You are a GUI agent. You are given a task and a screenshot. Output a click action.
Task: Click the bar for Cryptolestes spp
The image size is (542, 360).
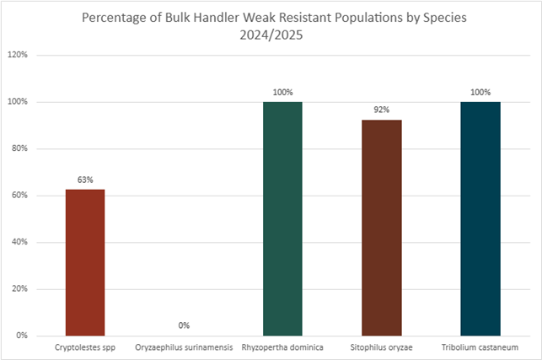tap(85, 262)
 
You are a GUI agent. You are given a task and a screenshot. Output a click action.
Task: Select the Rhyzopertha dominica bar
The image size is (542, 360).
tap(282, 218)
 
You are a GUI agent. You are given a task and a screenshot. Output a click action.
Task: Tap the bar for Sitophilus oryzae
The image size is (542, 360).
tap(381, 228)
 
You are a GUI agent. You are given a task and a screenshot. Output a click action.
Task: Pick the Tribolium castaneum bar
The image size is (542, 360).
tap(480, 218)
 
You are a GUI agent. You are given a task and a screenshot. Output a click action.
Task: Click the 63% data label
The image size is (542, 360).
tap(85, 180)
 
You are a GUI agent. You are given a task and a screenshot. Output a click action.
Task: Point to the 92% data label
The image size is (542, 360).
tap(381, 110)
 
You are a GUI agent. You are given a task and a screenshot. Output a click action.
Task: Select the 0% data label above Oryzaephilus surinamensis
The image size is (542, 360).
tap(184, 325)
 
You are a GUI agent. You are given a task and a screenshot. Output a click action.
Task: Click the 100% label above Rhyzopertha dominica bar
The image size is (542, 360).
tap(282, 91)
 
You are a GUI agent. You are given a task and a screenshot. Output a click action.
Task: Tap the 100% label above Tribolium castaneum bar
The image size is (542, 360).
tap(480, 91)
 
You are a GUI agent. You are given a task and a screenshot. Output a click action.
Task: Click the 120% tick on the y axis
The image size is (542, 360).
tap(19, 55)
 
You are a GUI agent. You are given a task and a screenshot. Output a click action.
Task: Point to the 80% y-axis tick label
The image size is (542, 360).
tap(20, 148)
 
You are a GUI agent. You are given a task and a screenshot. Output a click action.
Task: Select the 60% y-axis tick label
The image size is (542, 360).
tap(20, 196)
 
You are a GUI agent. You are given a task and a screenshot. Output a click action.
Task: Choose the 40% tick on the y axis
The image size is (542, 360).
tap(20, 242)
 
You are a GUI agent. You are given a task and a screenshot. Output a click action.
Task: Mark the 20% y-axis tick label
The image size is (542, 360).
tap(20, 289)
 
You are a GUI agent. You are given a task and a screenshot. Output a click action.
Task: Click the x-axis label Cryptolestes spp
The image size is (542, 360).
tap(85, 347)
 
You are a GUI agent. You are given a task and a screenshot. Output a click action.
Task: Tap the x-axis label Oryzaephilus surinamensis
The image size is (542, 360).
tap(184, 347)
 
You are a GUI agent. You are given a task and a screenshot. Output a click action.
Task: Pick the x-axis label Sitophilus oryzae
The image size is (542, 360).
tap(381, 347)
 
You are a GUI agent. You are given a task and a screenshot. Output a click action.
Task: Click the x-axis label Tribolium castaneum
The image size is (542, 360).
tap(480, 347)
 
